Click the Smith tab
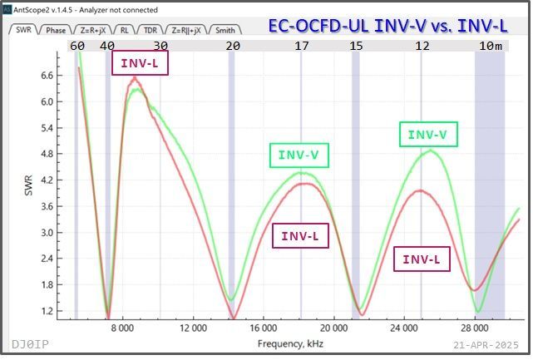click(x=225, y=30)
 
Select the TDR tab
click(x=150, y=30)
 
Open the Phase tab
click(x=56, y=30)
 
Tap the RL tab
click(x=124, y=30)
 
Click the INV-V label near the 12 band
click(x=427, y=134)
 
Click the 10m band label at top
click(x=492, y=45)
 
